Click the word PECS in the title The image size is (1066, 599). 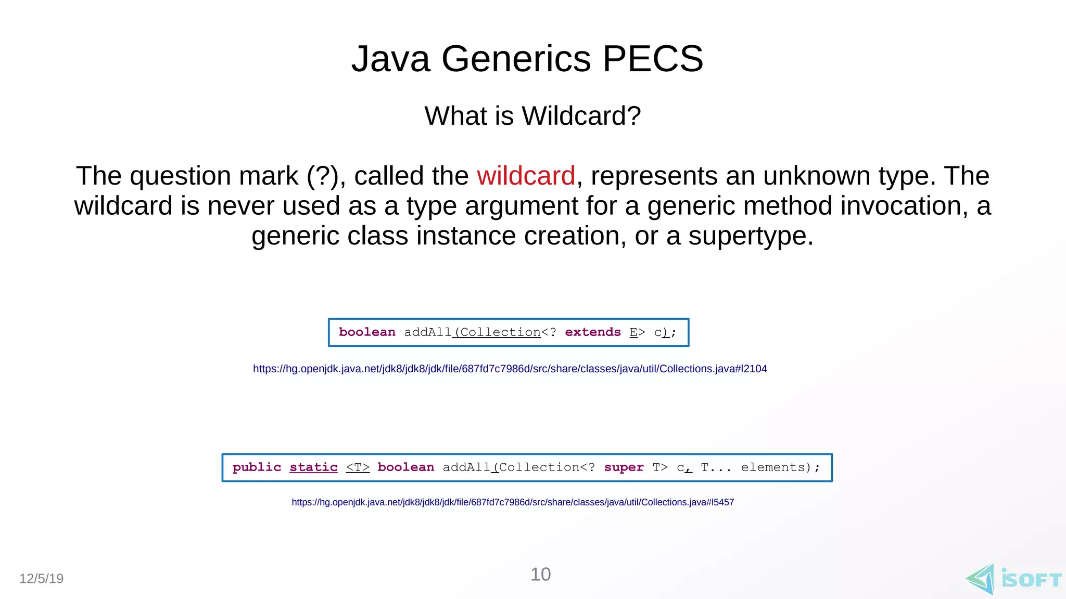tap(653, 58)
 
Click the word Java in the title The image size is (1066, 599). tap(390, 58)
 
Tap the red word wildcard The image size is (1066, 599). tap(526, 176)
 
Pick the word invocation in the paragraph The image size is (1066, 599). tap(904, 206)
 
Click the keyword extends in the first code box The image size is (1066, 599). tap(593, 332)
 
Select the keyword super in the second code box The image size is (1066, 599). tap(624, 467)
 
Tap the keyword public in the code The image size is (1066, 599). tap(257, 467)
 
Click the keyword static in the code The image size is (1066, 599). tap(313, 467)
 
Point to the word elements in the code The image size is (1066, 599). tap(772, 467)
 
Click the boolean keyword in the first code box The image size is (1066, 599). tap(367, 332)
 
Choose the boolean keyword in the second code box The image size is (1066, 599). tap(405, 467)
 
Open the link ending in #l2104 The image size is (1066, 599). tap(510, 369)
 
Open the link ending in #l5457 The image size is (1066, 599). tap(513, 502)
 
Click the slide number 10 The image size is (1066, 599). tap(540, 575)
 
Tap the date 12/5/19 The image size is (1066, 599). tap(41, 579)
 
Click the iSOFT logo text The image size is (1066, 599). tap(1031, 580)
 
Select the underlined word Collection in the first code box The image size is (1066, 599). tap(500, 332)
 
